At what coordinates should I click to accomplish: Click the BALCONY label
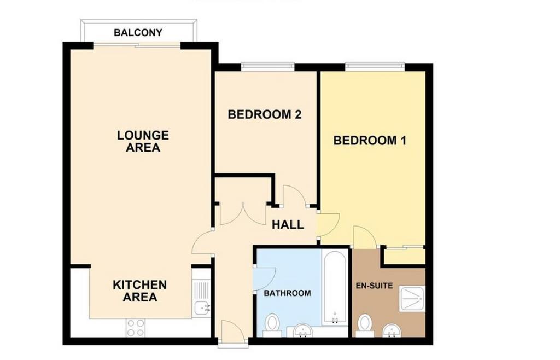point(138,32)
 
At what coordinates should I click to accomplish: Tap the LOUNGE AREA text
point(143,141)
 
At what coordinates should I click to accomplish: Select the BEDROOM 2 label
point(265,115)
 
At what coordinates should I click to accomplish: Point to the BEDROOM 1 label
point(370,141)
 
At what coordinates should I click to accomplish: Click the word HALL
point(288,225)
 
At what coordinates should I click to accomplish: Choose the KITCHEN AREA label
point(139,291)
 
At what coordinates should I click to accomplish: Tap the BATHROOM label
point(287,293)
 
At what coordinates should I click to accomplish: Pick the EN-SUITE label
point(374,286)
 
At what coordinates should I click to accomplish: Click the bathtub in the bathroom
point(334,287)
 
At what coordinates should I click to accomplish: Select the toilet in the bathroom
point(272,326)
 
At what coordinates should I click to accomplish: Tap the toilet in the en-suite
point(365,326)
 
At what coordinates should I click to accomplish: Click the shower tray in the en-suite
point(412,299)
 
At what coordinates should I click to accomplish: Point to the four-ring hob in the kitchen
point(136,328)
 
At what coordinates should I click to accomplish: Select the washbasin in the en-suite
point(392,330)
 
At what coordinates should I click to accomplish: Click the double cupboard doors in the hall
point(243,213)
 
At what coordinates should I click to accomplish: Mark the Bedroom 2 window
point(267,65)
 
